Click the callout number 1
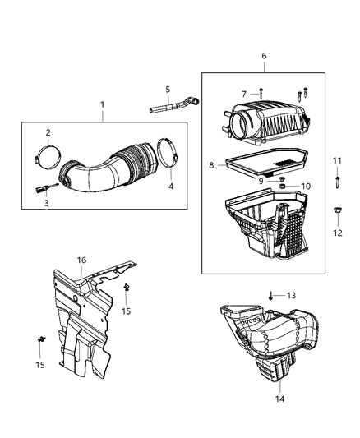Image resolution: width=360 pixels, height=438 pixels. coord(103,105)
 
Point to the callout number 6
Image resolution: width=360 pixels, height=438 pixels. coord(264,56)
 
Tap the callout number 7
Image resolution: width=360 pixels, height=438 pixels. coord(244,94)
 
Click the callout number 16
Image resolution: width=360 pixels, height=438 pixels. coord(81,260)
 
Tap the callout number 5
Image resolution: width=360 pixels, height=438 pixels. coord(167,89)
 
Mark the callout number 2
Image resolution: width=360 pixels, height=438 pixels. coord(48,132)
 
